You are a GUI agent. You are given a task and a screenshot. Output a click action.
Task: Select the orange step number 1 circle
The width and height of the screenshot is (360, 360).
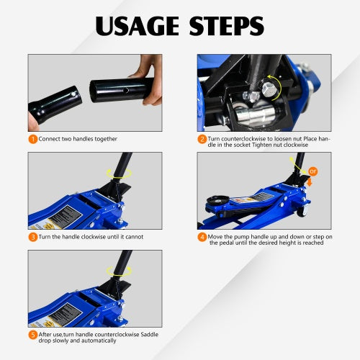tap(33, 138)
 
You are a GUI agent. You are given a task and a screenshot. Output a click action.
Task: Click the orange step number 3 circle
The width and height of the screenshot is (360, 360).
tap(33, 236)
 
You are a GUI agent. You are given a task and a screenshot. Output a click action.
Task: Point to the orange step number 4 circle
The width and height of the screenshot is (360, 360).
tap(202, 236)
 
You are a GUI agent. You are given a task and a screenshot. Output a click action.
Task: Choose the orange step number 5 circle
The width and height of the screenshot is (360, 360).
tap(33, 334)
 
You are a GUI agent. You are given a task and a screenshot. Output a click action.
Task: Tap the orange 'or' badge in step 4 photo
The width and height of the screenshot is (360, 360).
tap(313, 171)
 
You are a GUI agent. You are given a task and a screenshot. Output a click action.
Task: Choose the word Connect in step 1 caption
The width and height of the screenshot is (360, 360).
tap(50, 138)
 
